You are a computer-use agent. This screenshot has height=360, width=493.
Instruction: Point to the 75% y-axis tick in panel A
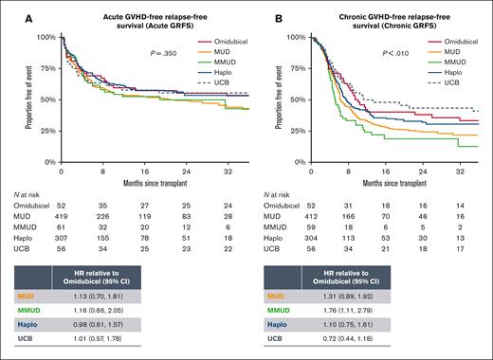click(47, 69)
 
